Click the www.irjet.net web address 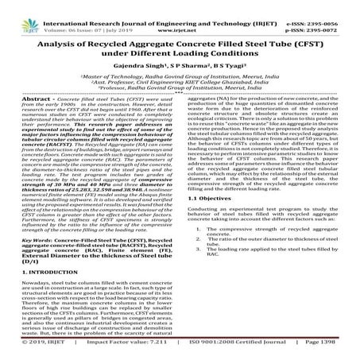coord(180,14)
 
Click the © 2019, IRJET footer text coord(30,353)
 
